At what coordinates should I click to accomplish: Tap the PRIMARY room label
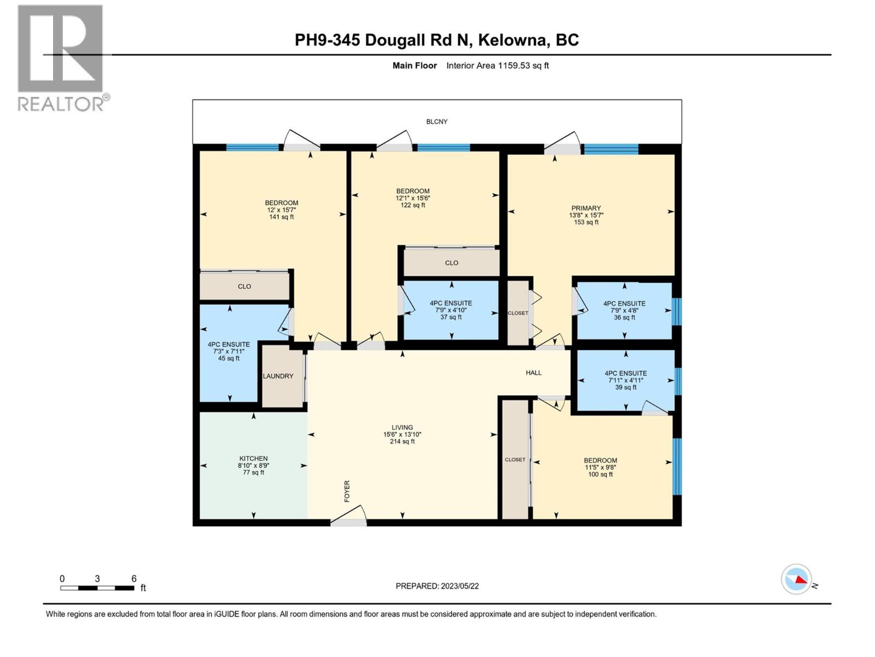[x=586, y=208]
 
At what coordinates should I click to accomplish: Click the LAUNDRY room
[x=278, y=376]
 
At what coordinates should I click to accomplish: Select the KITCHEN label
[x=253, y=458]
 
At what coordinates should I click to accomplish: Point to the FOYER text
[x=347, y=491]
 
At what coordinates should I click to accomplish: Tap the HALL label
[x=533, y=372]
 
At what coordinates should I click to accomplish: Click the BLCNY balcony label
[x=436, y=122]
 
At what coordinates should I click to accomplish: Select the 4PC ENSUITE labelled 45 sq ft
[x=229, y=351]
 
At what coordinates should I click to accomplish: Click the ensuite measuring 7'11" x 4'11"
[x=626, y=380]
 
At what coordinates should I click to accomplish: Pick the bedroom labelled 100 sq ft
[x=600, y=467]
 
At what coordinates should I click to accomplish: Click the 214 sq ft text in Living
[x=402, y=441]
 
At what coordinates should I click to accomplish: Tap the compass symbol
[x=796, y=579]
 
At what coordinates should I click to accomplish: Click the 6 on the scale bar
[x=133, y=579]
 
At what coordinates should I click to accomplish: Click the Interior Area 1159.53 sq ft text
[x=497, y=66]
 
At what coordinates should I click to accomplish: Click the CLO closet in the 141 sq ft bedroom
[x=244, y=286]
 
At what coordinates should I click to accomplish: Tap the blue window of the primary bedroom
[x=610, y=149]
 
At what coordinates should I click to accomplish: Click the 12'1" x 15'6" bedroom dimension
[x=412, y=198]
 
